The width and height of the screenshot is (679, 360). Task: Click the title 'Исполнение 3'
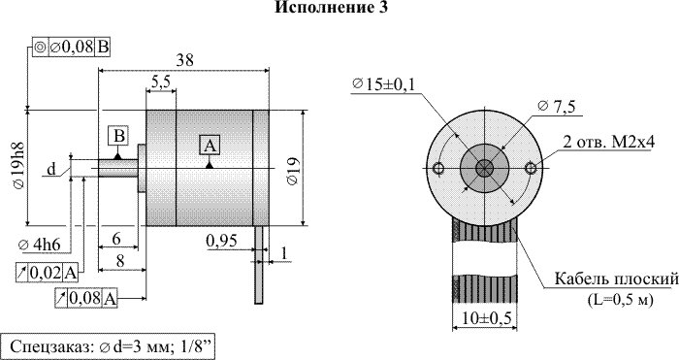coord(332,7)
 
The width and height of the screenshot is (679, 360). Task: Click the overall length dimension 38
coord(184,60)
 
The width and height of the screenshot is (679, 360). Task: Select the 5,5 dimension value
coord(161,82)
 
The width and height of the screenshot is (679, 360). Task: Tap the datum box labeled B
coord(118,137)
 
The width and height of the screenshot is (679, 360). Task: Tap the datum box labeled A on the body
coord(210,146)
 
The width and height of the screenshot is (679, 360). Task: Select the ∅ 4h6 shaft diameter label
coord(39,245)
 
